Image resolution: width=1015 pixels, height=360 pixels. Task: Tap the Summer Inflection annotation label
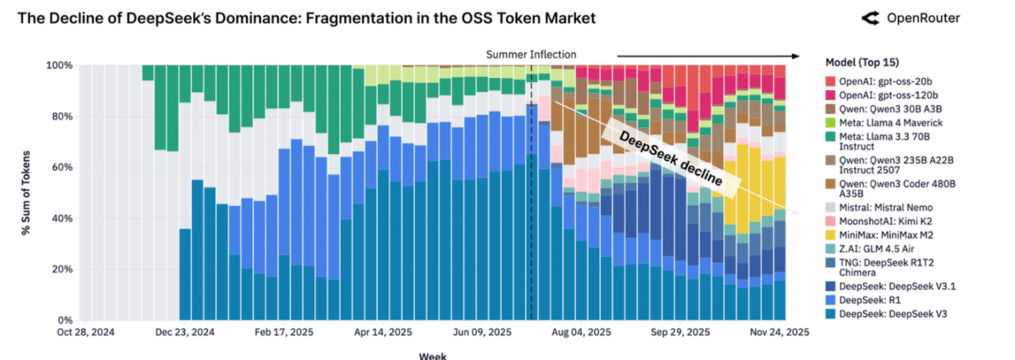coord(531,55)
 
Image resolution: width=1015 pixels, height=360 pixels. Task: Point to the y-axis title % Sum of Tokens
coord(27,192)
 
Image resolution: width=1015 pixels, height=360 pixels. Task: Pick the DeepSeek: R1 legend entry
coord(871,300)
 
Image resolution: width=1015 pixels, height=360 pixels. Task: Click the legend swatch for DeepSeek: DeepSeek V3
coord(831,314)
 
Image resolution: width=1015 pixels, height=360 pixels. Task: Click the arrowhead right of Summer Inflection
coord(796,55)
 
